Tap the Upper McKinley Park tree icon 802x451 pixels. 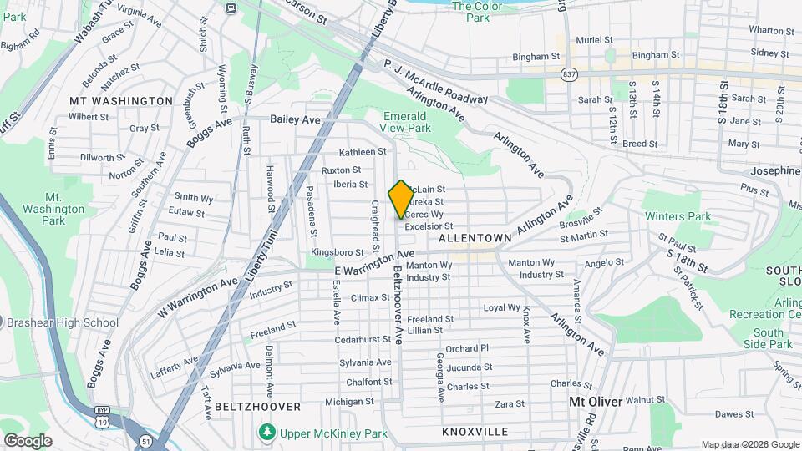pos(266,433)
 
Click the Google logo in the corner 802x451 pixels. pos(28,440)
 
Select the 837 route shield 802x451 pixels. pos(569,74)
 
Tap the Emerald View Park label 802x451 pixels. pos(407,122)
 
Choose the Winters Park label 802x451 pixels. pos(678,216)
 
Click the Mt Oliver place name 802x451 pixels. pos(596,402)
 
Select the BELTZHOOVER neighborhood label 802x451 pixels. pos(257,406)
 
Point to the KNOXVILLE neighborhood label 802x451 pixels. pos(475,432)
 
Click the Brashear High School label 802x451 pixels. pos(63,322)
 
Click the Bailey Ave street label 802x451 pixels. pos(295,120)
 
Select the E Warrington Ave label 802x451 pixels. pos(374,265)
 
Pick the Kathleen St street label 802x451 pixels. pos(362,152)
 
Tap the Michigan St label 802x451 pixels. pos(349,402)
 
